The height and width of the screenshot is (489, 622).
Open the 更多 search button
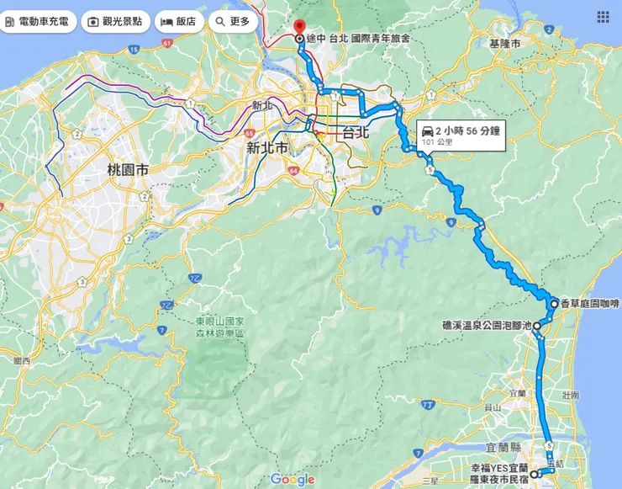(232, 21)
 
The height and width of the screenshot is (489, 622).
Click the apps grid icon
(604, 17)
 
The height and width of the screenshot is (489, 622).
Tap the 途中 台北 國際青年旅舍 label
(358, 39)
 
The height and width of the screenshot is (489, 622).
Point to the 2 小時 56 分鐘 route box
(461, 135)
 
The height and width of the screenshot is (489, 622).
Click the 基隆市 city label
(504, 43)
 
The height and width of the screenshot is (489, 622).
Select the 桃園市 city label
(128, 170)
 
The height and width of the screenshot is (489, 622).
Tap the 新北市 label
(266, 148)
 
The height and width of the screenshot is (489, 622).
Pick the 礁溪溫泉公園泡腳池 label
(487, 324)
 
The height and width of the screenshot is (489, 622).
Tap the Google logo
(292, 479)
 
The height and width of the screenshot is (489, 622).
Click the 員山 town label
(493, 407)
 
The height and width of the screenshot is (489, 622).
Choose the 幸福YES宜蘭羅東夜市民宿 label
(499, 472)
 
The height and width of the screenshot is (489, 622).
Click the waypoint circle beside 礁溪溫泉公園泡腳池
(536, 325)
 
